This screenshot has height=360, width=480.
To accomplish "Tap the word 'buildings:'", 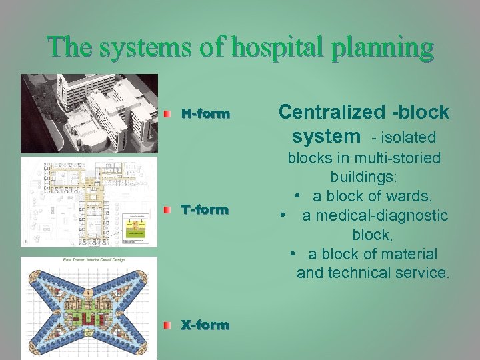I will click(x=364, y=178).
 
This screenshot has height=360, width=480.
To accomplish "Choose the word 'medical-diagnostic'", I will click(x=375, y=216).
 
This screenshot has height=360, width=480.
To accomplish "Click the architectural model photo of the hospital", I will click(x=89, y=113).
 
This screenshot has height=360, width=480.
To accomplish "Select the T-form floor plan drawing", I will click(x=89, y=201).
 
